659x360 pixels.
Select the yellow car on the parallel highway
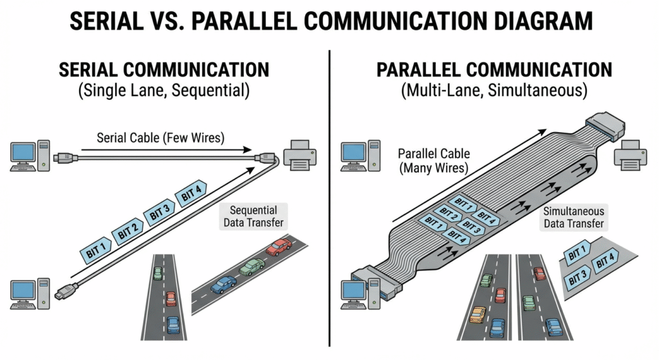pyautogui.click(x=476, y=314)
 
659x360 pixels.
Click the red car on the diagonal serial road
pyautogui.click(x=278, y=247)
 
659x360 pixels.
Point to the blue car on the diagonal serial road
pyautogui.click(x=223, y=285)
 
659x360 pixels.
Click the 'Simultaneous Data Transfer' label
pyautogui.click(x=573, y=216)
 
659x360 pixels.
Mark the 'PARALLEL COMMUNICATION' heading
pyautogui.click(x=494, y=70)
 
